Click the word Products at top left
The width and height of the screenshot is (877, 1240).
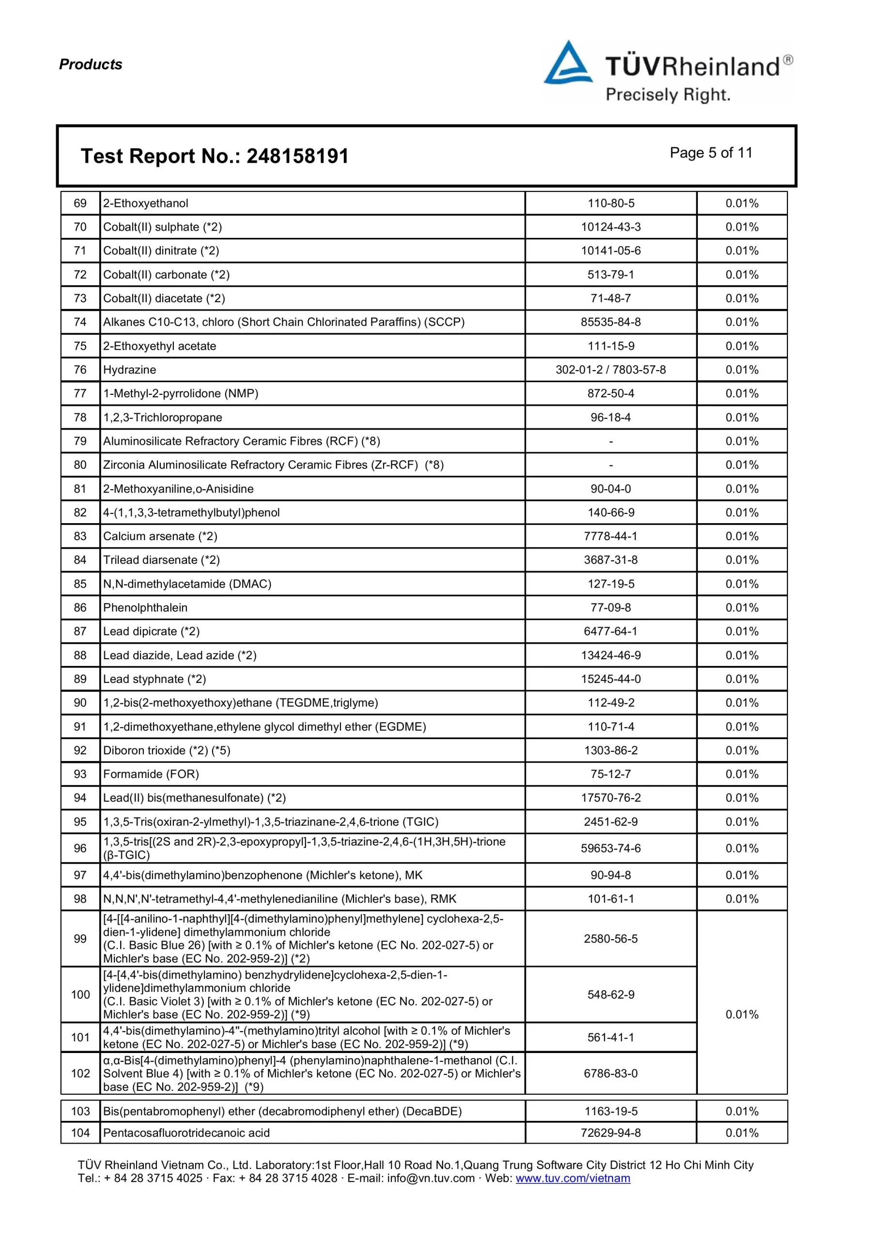[91, 64]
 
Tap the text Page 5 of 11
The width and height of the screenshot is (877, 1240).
[711, 153]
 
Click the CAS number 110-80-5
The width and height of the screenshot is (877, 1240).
[611, 203]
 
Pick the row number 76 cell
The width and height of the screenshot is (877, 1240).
[80, 370]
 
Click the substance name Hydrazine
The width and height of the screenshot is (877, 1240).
[130, 370]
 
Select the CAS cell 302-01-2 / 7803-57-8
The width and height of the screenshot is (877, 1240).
[611, 370]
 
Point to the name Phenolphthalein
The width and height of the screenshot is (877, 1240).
[145, 607]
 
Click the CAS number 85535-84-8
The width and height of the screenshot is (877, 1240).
[611, 323]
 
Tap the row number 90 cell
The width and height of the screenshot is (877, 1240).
[80, 703]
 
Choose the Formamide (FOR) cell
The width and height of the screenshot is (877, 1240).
[151, 774]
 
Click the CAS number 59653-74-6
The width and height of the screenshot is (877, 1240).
[611, 849]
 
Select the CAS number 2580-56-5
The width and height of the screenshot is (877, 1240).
[611, 939]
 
